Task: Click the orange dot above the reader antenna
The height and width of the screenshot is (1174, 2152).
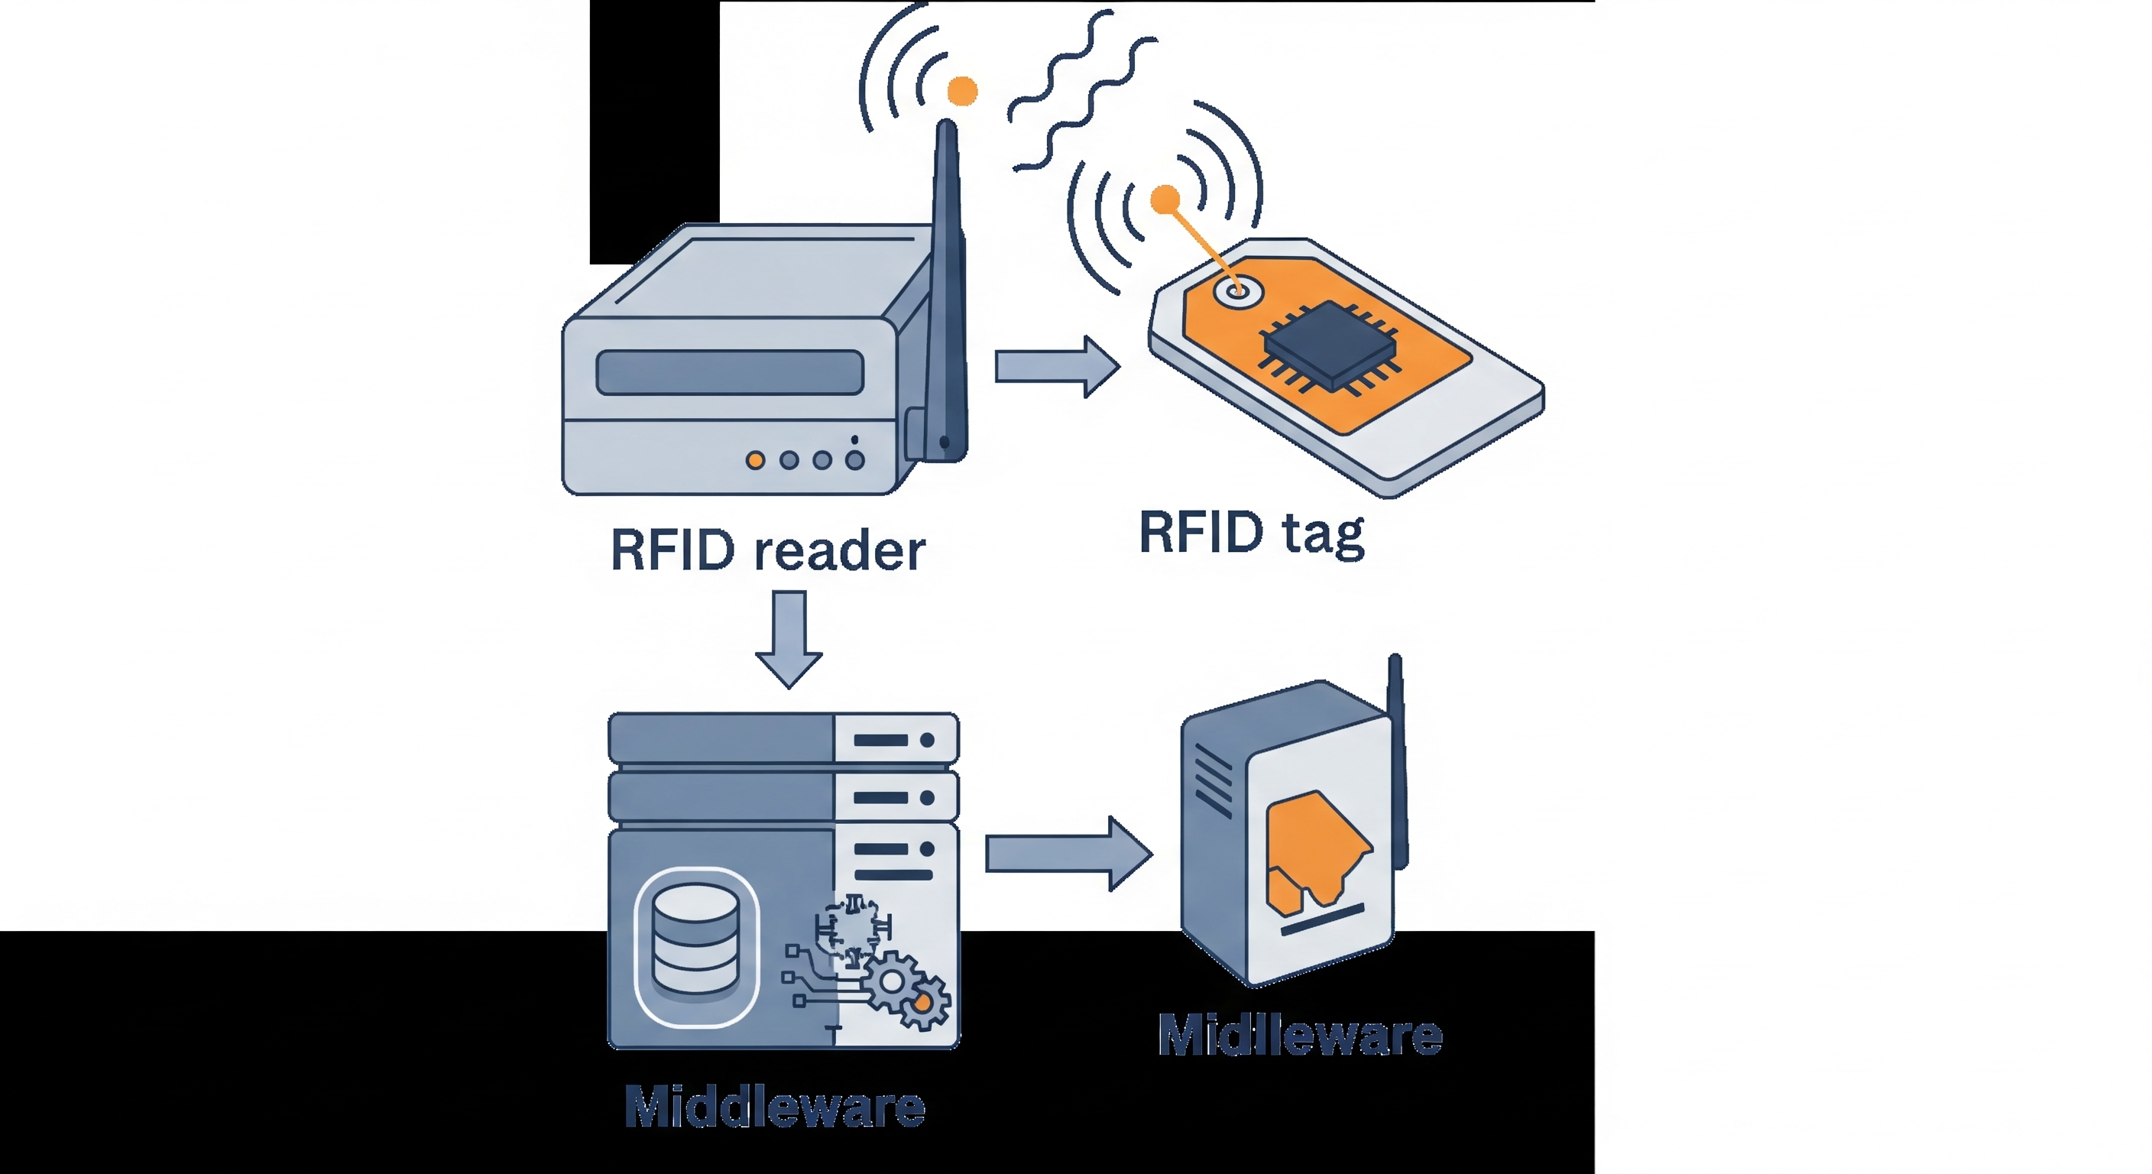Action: [962, 90]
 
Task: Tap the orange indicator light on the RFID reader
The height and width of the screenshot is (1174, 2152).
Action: [755, 460]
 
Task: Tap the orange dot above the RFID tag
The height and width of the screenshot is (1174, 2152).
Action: [1165, 199]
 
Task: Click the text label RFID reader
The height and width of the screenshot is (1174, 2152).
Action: [768, 550]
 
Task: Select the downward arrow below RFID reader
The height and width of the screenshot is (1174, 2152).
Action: [789, 638]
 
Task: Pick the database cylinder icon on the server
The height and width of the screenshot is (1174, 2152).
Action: [696, 945]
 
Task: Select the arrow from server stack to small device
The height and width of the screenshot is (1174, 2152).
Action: [1068, 854]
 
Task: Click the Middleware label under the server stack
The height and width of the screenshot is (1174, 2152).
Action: [774, 1108]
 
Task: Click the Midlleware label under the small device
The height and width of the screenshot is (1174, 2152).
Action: [1300, 1036]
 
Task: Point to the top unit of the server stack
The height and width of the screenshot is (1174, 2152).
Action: [783, 738]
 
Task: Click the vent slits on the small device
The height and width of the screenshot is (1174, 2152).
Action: [1213, 781]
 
